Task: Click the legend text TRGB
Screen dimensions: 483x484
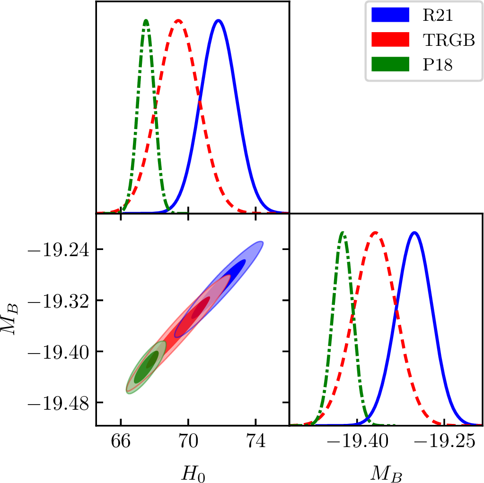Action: coord(449,41)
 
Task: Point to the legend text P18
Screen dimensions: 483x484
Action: coord(438,65)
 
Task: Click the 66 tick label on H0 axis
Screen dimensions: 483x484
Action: coord(121,444)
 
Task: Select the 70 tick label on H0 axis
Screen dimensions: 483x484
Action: coord(188,444)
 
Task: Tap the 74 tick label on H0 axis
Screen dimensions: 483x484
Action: coord(255,444)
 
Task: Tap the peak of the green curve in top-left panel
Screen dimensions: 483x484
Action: coord(146,20)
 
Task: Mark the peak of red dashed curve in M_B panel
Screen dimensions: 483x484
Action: coord(376,232)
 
